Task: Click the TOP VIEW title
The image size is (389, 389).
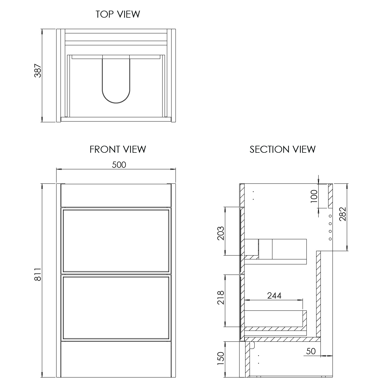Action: point(118,14)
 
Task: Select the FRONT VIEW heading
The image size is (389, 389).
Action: point(118,149)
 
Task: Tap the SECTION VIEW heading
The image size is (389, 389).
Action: point(282,149)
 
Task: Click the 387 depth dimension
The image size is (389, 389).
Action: point(38,71)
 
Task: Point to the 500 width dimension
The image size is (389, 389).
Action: point(119,165)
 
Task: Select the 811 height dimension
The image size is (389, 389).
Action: point(38,274)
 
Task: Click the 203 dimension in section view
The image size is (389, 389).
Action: point(220,233)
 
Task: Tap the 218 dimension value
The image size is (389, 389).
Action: point(220,297)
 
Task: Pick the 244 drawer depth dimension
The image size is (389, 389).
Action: point(274,295)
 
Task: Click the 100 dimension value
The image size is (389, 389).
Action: point(314,196)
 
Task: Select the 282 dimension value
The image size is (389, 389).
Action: point(343,214)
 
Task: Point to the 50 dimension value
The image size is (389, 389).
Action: point(311,351)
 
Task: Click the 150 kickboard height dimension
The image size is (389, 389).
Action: point(220,358)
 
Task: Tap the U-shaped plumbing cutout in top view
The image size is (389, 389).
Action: point(116,83)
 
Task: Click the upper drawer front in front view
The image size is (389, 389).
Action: point(116,240)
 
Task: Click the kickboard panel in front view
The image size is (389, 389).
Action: point(116,359)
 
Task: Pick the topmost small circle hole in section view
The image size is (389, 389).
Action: point(330,216)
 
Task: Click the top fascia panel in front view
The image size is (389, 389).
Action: point(116,195)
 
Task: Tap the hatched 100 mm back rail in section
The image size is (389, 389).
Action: point(330,196)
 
